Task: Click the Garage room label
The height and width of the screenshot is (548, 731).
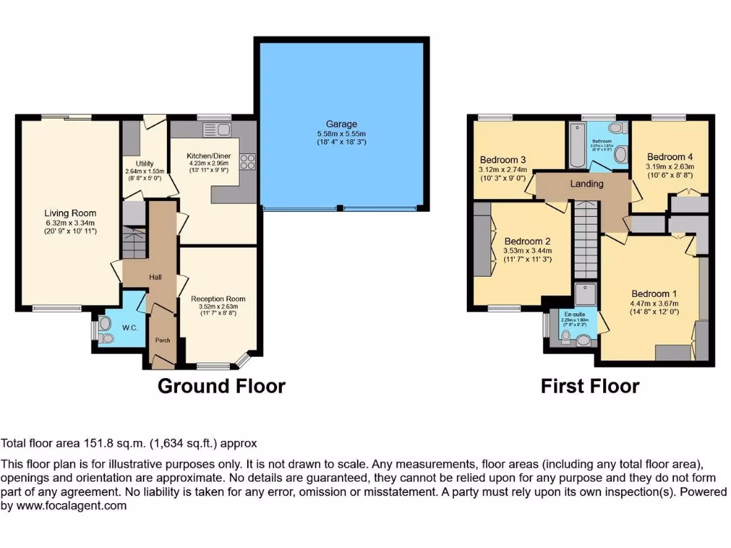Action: point(341,124)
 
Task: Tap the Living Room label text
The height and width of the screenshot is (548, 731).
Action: point(70,213)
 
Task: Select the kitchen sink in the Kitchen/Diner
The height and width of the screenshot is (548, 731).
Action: point(216,130)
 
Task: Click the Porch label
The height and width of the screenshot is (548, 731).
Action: point(163,340)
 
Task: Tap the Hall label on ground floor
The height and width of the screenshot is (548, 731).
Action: point(156,277)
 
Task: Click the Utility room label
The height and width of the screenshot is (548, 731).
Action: point(145,164)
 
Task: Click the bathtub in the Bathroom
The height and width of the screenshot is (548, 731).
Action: point(577,145)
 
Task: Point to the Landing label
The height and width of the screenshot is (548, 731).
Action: point(587,184)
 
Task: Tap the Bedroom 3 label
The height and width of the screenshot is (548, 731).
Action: point(503,160)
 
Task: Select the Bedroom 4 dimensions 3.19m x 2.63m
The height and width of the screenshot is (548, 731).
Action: point(670,168)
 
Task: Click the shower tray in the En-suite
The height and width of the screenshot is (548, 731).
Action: point(585,294)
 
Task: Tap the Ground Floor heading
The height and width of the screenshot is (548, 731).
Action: point(221,386)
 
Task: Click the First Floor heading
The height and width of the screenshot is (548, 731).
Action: point(590,386)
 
